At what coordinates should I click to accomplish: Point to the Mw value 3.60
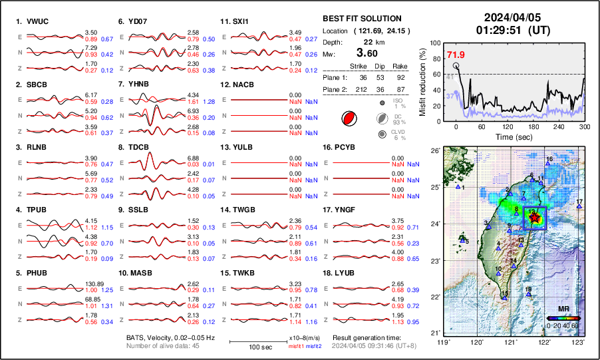(366, 53)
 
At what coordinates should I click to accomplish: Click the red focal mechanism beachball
(348, 118)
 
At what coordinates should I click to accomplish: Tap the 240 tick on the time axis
(559, 126)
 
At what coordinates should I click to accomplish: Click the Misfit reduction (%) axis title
(424, 82)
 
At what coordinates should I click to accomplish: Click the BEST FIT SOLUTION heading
(361, 19)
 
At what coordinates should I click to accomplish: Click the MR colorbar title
(563, 309)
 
